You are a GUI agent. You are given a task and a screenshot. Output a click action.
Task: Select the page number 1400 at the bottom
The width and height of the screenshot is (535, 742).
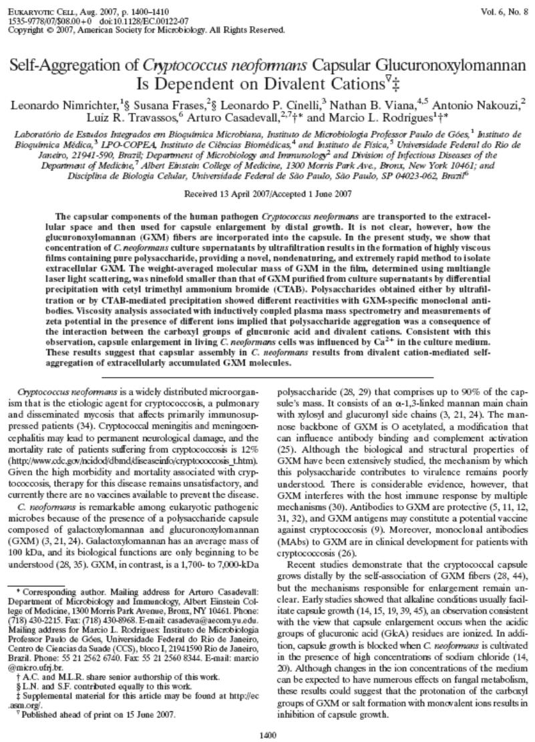tap(267, 730)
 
